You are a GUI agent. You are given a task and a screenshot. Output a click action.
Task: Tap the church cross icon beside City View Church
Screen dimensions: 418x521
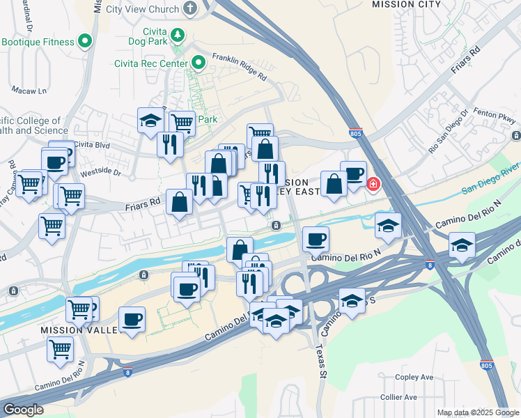tap(189, 9)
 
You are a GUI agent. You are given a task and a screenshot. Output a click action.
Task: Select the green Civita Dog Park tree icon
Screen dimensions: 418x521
tap(178, 34)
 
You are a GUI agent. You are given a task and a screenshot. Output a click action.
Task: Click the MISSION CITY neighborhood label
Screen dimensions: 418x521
tap(406, 4)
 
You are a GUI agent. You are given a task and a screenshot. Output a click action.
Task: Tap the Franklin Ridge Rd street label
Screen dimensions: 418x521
tap(240, 65)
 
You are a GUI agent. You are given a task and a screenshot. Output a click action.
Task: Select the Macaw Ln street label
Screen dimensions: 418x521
tap(29, 91)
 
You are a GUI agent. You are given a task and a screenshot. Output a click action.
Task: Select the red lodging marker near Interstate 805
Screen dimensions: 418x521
tap(373, 185)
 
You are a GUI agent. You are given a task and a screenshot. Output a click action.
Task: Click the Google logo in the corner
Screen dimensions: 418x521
tap(23, 410)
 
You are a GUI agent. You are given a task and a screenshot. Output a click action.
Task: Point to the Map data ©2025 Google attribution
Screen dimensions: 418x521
tap(477, 412)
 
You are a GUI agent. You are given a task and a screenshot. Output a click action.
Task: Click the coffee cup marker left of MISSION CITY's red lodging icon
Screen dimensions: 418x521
tap(353, 173)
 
